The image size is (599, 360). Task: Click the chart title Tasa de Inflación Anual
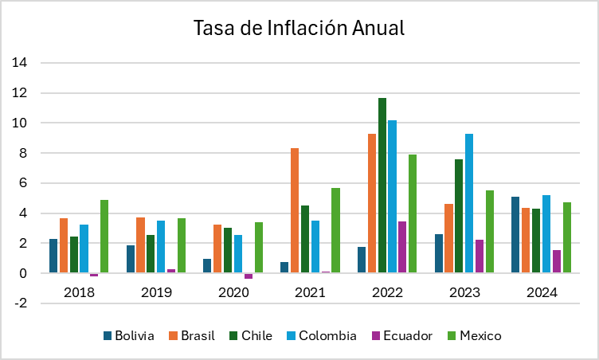click(299, 28)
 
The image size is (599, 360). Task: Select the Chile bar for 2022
click(382, 186)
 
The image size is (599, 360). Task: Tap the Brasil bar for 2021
click(295, 210)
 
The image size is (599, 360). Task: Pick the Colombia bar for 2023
click(469, 203)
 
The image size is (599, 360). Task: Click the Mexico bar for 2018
click(104, 237)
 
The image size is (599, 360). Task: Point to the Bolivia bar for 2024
click(515, 235)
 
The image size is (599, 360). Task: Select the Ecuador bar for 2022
click(402, 247)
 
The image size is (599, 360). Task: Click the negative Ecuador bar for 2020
click(249, 276)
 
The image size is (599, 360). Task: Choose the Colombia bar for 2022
click(392, 197)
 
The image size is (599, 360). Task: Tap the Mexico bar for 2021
click(335, 230)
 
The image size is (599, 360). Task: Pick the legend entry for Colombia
click(323, 335)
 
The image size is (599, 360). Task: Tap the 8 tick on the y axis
click(24, 153)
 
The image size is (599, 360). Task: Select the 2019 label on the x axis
click(156, 292)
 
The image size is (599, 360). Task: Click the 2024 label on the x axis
click(542, 292)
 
